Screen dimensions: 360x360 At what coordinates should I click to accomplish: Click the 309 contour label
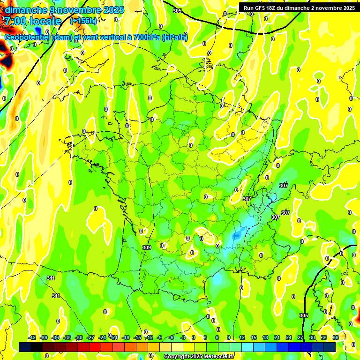click(x=147, y=247)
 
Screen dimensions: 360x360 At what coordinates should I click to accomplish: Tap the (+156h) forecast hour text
click(x=83, y=21)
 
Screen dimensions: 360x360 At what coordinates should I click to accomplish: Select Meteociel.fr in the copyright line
click(x=216, y=356)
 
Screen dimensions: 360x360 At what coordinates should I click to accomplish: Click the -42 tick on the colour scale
click(x=32, y=337)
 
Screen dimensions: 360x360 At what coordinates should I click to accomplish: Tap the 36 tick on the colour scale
click(x=336, y=337)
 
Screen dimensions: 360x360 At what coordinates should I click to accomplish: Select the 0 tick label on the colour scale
click(x=194, y=337)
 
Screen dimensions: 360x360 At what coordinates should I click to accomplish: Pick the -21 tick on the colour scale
click(x=114, y=337)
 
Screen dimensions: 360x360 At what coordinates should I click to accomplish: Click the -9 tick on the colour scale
click(x=159, y=337)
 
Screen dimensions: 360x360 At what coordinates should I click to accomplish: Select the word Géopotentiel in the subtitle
click(x=27, y=37)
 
